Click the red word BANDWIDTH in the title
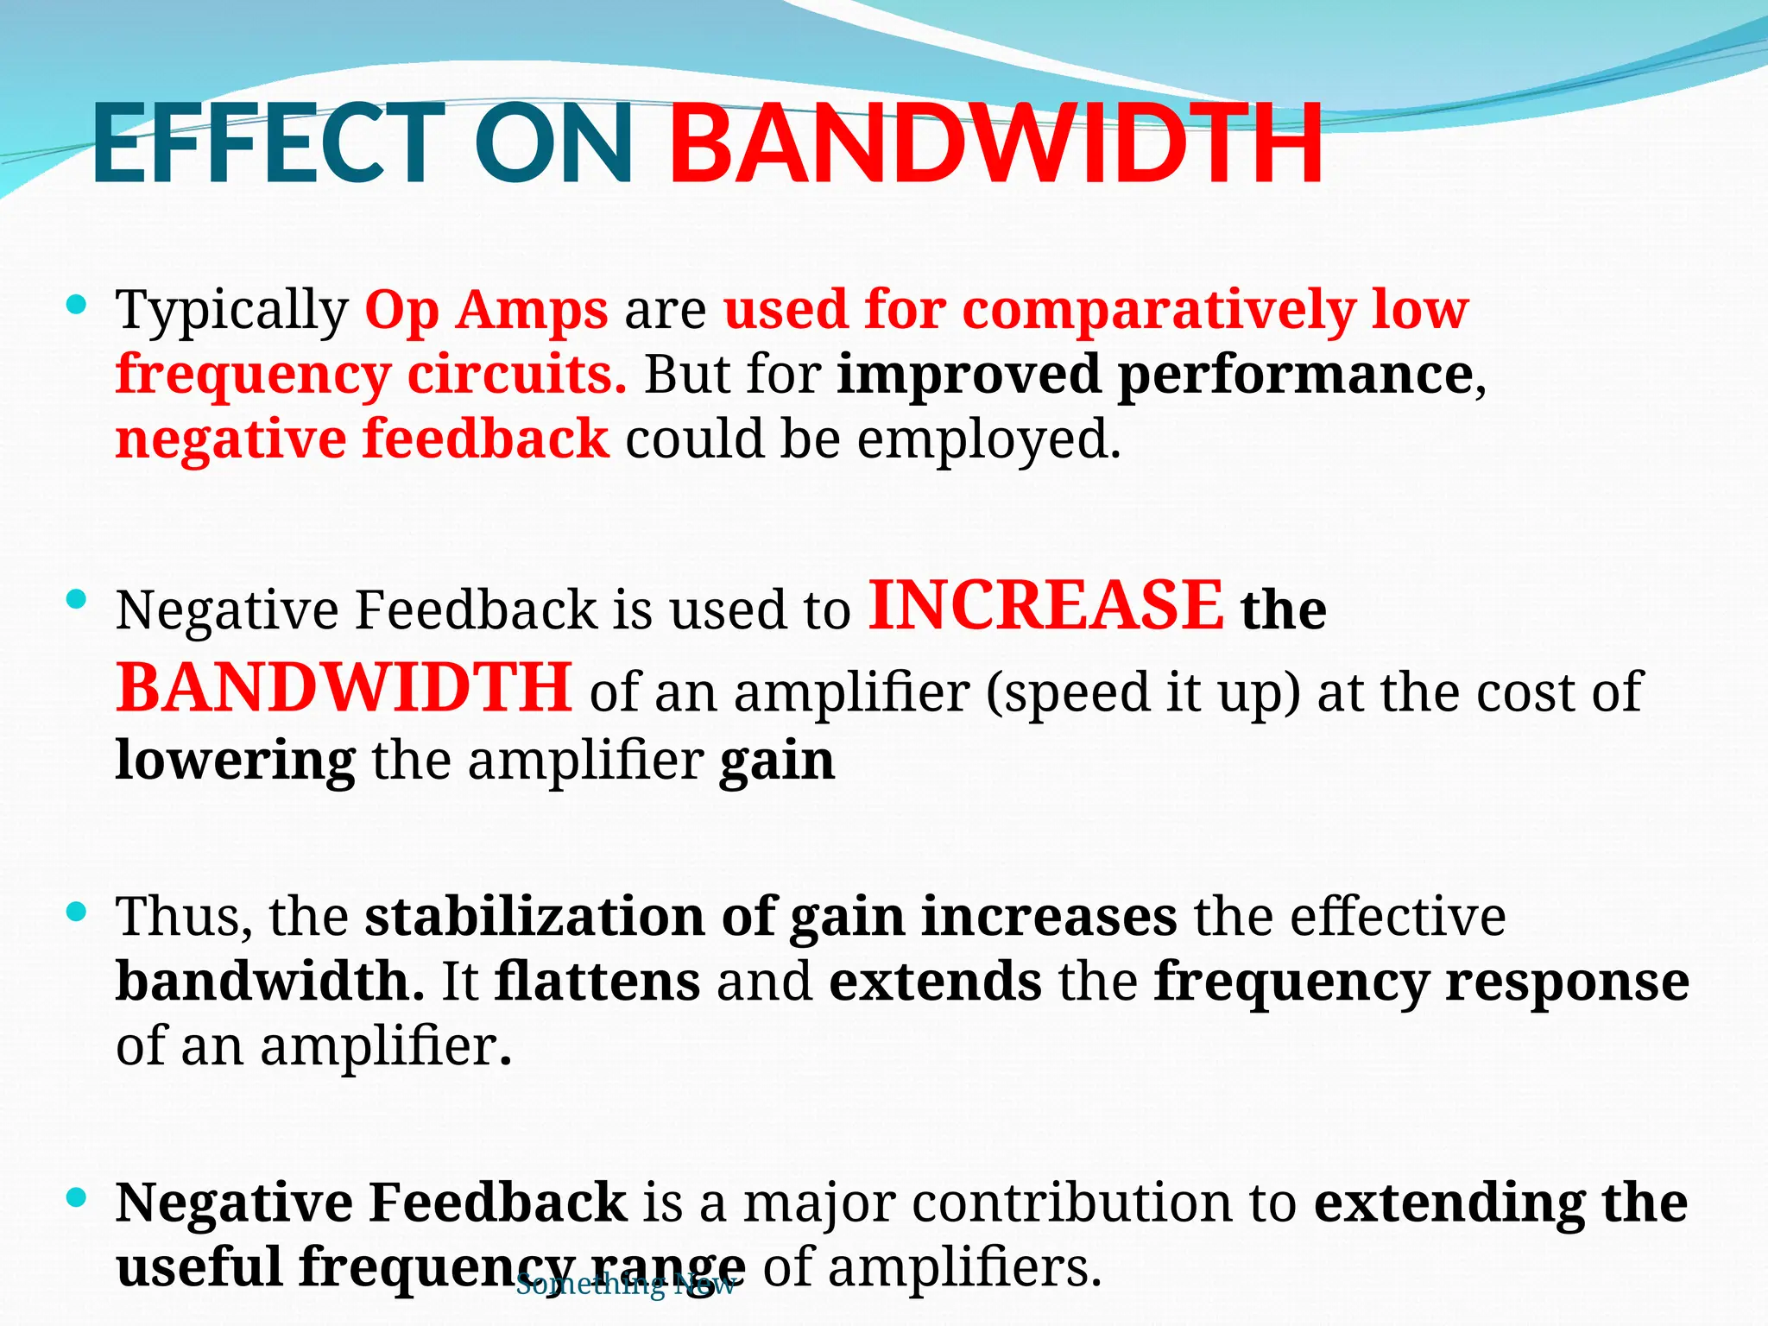995,143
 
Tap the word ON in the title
554,143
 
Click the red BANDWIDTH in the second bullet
344,688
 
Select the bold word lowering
235,761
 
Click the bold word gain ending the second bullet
777,761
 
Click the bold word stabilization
534,916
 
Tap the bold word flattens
597,982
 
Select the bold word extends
935,982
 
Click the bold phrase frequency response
1421,982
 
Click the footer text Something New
625,1285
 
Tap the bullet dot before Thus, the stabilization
77,912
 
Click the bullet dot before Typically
77,304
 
